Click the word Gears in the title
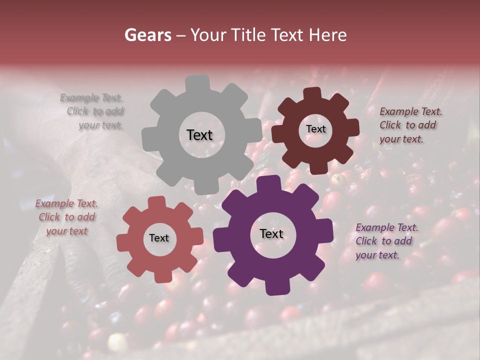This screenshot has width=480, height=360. pos(147,35)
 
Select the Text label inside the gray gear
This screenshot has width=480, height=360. pos(199,135)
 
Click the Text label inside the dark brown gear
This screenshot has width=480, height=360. pos(315,129)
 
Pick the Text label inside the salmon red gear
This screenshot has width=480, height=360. pos(159,238)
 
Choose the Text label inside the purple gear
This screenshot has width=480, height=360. pos(271,234)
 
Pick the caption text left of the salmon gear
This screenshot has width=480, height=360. pos(66,217)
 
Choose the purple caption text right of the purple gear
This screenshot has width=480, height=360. pos(385,241)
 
